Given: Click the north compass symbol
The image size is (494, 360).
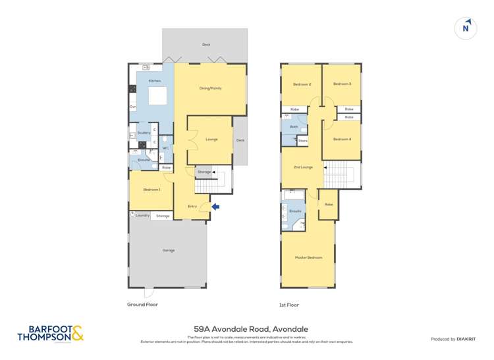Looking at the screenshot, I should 466,28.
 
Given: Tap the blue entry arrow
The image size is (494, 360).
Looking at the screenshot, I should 215,207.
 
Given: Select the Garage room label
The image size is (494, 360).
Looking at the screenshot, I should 168,251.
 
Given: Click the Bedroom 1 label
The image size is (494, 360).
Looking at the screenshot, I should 151,190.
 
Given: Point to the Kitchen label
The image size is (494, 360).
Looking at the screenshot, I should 155,81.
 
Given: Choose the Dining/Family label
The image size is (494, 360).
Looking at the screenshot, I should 211,88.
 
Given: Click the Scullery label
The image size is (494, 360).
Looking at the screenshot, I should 144,132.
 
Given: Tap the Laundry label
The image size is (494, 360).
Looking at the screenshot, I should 142,215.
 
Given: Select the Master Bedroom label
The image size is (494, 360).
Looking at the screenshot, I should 308,257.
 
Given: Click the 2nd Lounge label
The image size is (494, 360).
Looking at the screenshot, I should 302,167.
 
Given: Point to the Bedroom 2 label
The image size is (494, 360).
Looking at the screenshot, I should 301,84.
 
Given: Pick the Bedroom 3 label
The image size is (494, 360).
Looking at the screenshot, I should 342,84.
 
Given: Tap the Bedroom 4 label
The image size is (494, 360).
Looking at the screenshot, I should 342,139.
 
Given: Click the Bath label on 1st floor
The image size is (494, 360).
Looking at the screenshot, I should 293,126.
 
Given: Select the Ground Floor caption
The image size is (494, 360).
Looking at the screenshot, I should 142,305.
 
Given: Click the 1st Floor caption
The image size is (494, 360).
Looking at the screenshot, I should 289,305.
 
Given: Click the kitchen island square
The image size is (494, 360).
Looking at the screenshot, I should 157,96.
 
